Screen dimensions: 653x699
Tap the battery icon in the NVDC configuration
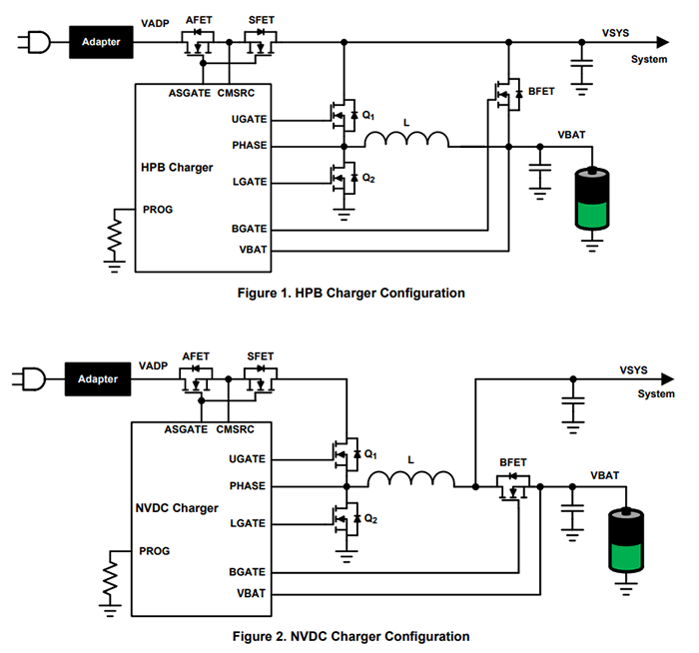pos(625,541)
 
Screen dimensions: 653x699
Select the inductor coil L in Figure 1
pos(405,140)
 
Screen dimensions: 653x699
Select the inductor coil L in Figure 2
pos(409,480)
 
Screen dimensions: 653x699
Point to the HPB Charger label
pos(176,167)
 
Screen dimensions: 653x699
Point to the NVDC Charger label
pos(175,508)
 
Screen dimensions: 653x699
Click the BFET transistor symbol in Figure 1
pos(508,94)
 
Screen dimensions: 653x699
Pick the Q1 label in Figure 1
pos(368,116)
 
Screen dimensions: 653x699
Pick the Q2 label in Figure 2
pos(369,518)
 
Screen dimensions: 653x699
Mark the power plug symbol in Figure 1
pos(33,43)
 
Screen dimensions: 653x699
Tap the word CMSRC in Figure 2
pos(235,429)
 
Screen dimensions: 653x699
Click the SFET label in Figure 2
pos(260,356)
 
